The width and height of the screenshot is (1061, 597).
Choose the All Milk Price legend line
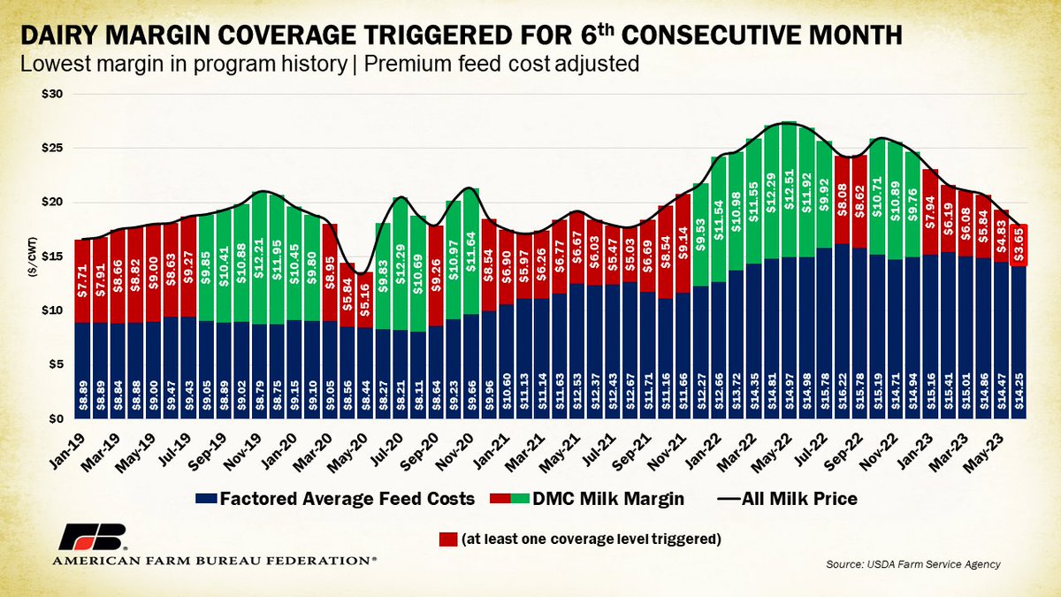(725, 499)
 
